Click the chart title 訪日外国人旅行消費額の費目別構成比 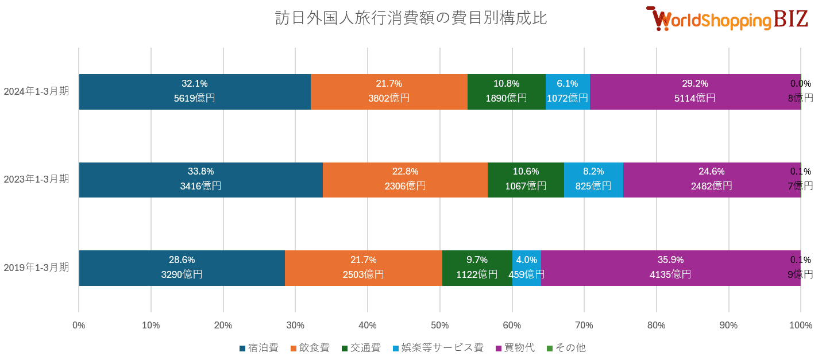click(411, 18)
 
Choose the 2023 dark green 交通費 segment click(526, 179)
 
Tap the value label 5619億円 click(194, 98)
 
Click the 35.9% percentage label click(670, 260)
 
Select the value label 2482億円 click(711, 186)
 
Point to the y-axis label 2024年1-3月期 click(36, 91)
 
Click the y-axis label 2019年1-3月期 click(36, 268)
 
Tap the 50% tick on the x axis click(439, 326)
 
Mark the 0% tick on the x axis click(79, 326)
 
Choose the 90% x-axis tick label click(728, 326)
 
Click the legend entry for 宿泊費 click(258, 348)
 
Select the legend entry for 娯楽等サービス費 click(438, 348)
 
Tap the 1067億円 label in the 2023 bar click(526, 186)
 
